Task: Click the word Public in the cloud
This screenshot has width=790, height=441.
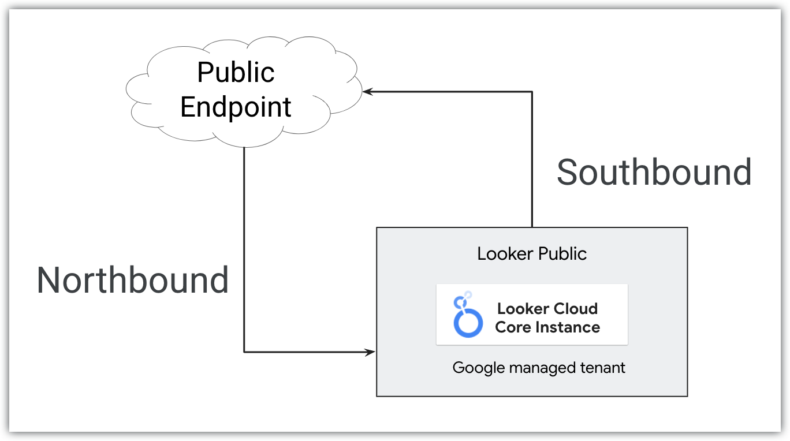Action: (236, 73)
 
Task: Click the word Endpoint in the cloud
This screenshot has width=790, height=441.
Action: (236, 107)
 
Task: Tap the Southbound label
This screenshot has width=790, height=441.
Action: (654, 172)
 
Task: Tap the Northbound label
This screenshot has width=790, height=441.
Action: (133, 281)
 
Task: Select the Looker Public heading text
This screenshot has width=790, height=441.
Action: (532, 253)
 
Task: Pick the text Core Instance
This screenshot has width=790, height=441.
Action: (547, 327)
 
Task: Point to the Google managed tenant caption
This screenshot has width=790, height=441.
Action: (539, 368)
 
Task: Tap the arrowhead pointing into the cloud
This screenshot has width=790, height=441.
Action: (367, 92)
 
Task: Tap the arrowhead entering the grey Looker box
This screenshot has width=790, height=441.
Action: (371, 352)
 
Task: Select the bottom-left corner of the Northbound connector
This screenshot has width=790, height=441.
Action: (244, 352)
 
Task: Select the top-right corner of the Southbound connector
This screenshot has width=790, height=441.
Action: (532, 92)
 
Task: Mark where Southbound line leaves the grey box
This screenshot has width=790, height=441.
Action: (532, 227)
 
